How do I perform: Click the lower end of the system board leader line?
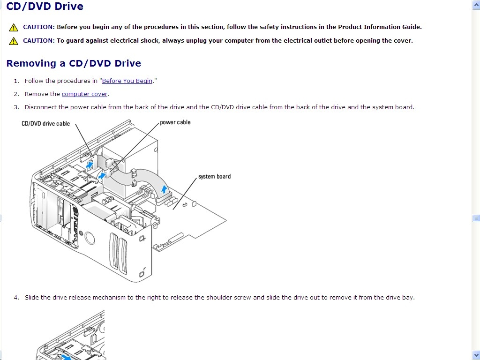[173, 210]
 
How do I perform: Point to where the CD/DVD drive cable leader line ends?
[93, 157]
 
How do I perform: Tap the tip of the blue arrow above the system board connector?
[165, 186]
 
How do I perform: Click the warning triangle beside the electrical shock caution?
[14, 41]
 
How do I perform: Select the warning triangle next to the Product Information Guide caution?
[14, 27]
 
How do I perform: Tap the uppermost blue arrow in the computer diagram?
[90, 165]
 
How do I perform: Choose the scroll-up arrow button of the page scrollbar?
[476, 5]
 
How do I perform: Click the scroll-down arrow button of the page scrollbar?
[476, 356]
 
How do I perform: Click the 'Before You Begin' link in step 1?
[127, 81]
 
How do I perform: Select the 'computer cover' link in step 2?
[84, 94]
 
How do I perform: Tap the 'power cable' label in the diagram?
[175, 122]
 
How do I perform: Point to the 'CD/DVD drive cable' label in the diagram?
[45, 124]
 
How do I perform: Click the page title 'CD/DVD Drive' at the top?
[45, 6]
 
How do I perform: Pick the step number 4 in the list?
[16, 297]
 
